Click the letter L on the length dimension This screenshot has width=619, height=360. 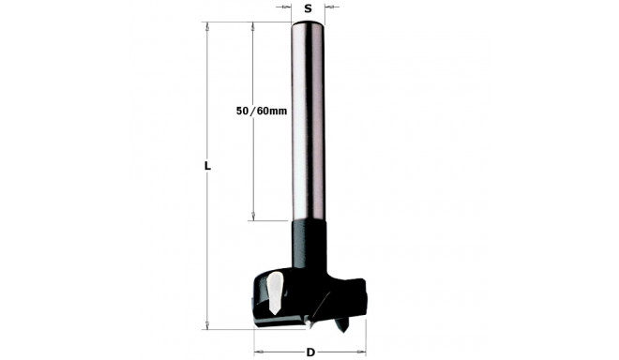pos(207,166)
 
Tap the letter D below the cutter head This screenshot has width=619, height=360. pos(310,352)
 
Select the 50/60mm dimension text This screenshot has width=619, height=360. pos(262,112)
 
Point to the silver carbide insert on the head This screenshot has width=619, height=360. pos(273,292)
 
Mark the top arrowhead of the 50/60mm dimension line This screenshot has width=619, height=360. pos(254,26)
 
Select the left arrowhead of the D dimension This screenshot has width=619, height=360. pos(256,352)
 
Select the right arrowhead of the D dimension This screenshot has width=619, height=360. pos(363,352)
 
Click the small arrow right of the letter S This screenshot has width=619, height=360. pos(330,7)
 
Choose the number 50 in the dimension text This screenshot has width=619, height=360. pos(243,112)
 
